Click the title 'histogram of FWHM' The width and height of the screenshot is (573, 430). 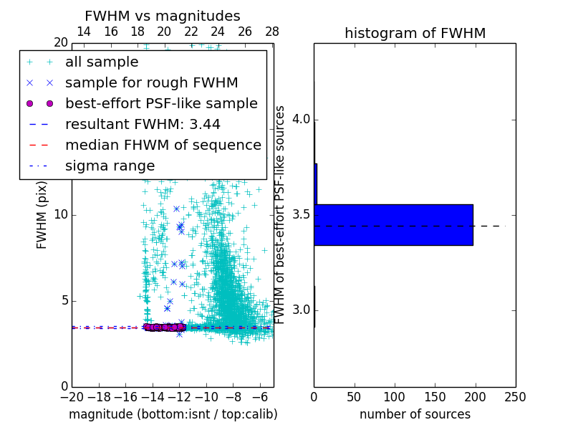click(415, 34)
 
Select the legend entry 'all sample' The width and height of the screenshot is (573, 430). click(102, 62)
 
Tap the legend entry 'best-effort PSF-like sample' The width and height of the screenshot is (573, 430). click(161, 103)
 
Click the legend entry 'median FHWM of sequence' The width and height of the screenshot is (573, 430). click(163, 145)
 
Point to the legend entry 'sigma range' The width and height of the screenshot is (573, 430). click(110, 166)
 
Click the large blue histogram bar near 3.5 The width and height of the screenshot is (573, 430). click(393, 224)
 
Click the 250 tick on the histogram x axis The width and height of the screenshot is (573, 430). click(515, 396)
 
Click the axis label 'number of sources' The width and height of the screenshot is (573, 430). click(415, 414)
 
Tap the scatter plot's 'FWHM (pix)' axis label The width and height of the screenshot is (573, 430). click(42, 214)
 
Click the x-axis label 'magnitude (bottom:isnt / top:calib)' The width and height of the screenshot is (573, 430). click(173, 414)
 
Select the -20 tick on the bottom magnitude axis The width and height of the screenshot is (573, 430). click(72, 396)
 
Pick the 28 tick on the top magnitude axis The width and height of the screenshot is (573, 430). click(272, 32)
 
